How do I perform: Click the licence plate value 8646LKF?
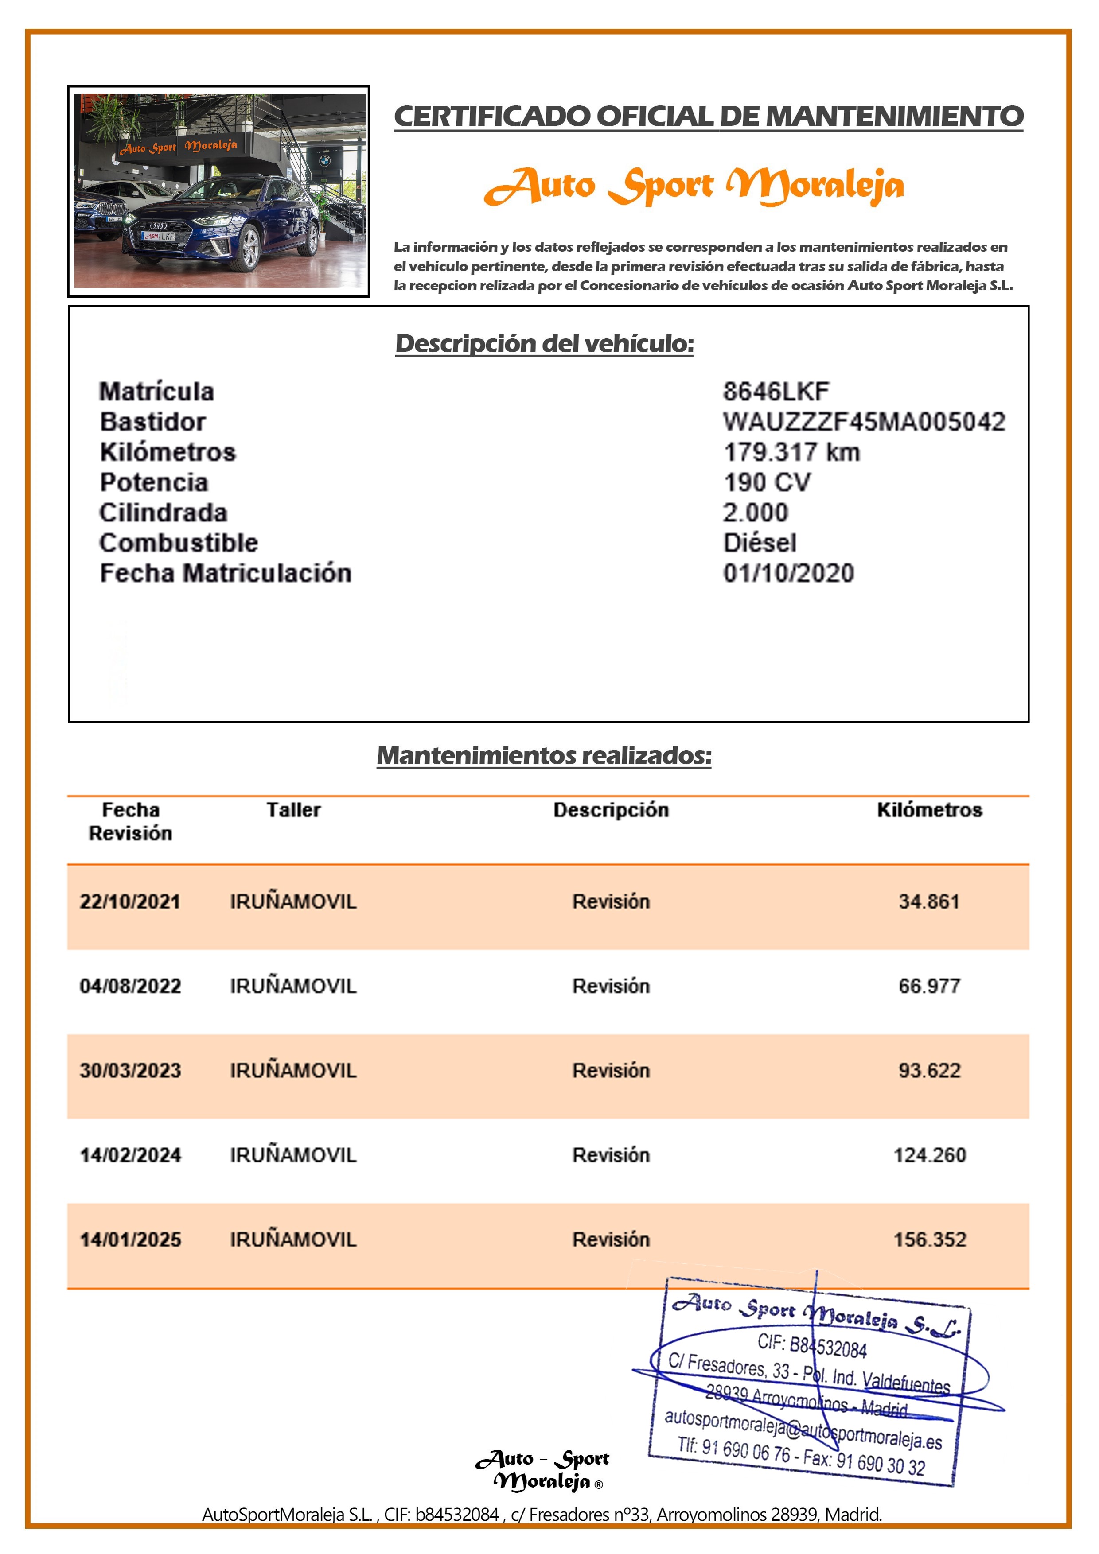pos(776,391)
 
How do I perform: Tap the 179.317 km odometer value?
pos(791,452)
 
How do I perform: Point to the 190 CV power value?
pos(767,482)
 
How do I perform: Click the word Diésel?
pos(759,543)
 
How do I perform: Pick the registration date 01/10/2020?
pos(788,573)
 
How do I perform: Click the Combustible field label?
pos(179,543)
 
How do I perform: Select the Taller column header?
pos(293,810)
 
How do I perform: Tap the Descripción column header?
pos(611,810)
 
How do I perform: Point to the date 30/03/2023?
pos(130,1071)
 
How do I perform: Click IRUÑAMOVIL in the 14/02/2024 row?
pos(293,1155)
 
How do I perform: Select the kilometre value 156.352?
pos(929,1240)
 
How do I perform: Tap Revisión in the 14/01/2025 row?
pos(611,1240)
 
